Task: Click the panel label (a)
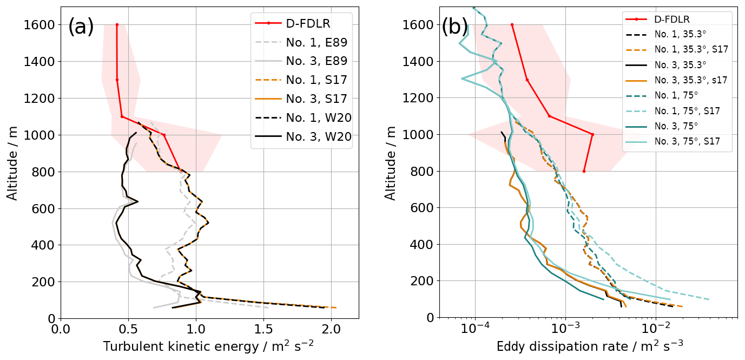tap(81, 27)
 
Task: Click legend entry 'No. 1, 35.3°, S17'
tap(690, 49)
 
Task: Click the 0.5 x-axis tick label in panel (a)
tap(128, 329)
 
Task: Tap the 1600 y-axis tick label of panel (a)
tap(39, 25)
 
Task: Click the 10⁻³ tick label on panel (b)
tap(565, 328)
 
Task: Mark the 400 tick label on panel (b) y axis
tap(421, 245)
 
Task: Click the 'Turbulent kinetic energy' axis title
tap(208, 346)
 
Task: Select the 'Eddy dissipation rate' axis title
tap(585, 346)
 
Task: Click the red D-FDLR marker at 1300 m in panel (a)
tap(117, 80)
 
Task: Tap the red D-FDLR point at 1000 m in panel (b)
tap(592, 134)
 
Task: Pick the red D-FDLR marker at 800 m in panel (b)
tap(584, 171)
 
